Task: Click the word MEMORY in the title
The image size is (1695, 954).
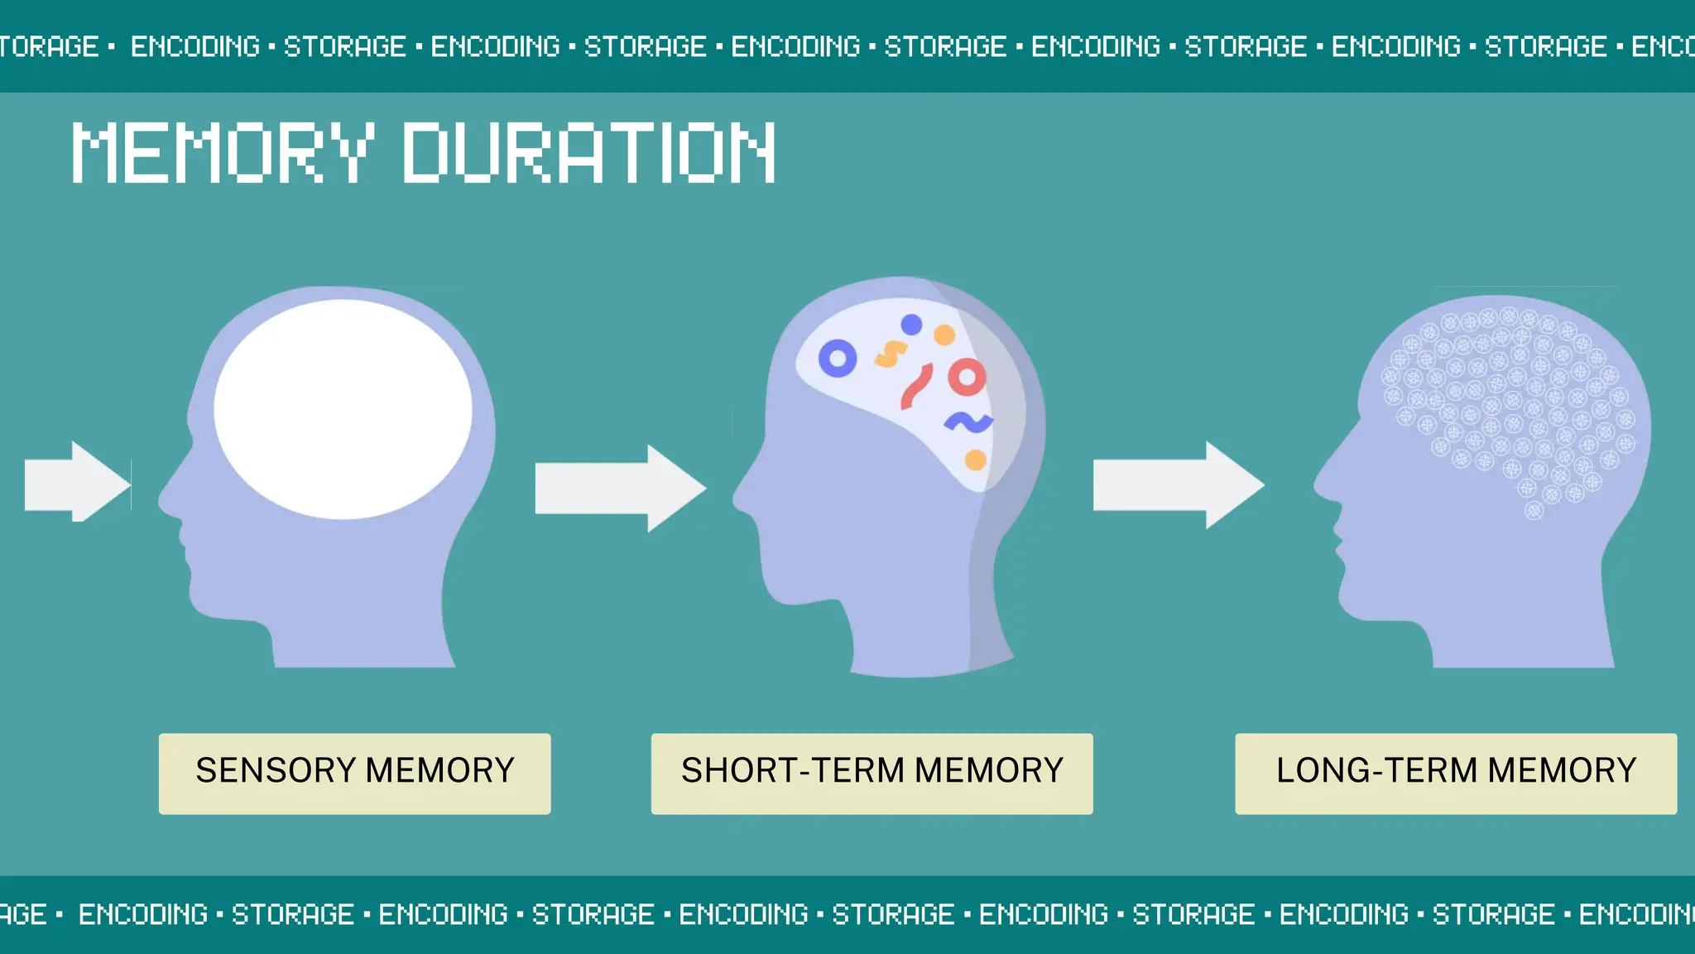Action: [x=222, y=152]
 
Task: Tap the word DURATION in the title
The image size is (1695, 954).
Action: [x=589, y=152]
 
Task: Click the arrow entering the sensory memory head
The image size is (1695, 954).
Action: [x=77, y=482]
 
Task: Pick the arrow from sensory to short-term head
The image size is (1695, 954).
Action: [x=619, y=488]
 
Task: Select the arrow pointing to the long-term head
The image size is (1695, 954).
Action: [x=1178, y=485]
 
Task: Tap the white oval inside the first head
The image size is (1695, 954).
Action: [x=343, y=409]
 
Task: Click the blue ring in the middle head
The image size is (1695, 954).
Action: [x=838, y=359]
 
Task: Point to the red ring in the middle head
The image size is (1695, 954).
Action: [x=967, y=378]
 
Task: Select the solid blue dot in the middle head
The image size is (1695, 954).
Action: [x=911, y=325]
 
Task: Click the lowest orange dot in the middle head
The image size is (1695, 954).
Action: [x=976, y=460]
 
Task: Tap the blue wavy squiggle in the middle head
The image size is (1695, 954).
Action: [x=968, y=422]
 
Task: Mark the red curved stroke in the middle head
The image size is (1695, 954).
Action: [x=917, y=386]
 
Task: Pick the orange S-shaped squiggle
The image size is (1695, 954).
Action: [x=891, y=354]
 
